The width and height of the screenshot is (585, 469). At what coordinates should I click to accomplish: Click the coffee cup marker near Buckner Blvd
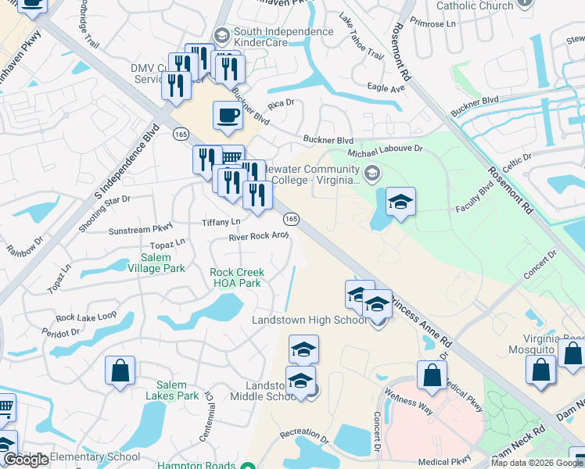tap(228, 116)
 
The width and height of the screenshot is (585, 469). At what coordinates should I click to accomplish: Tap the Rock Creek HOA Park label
tap(236, 277)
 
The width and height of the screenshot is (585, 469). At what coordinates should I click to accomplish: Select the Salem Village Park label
tap(163, 263)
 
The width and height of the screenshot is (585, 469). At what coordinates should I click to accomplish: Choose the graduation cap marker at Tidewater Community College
tap(400, 202)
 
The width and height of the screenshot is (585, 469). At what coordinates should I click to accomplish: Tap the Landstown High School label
tap(308, 320)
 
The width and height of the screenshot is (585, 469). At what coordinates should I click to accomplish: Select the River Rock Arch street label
tap(259, 237)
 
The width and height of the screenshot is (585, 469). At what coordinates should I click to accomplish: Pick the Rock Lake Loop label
tap(86, 317)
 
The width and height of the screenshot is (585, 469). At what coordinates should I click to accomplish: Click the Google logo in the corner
tap(26, 460)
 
